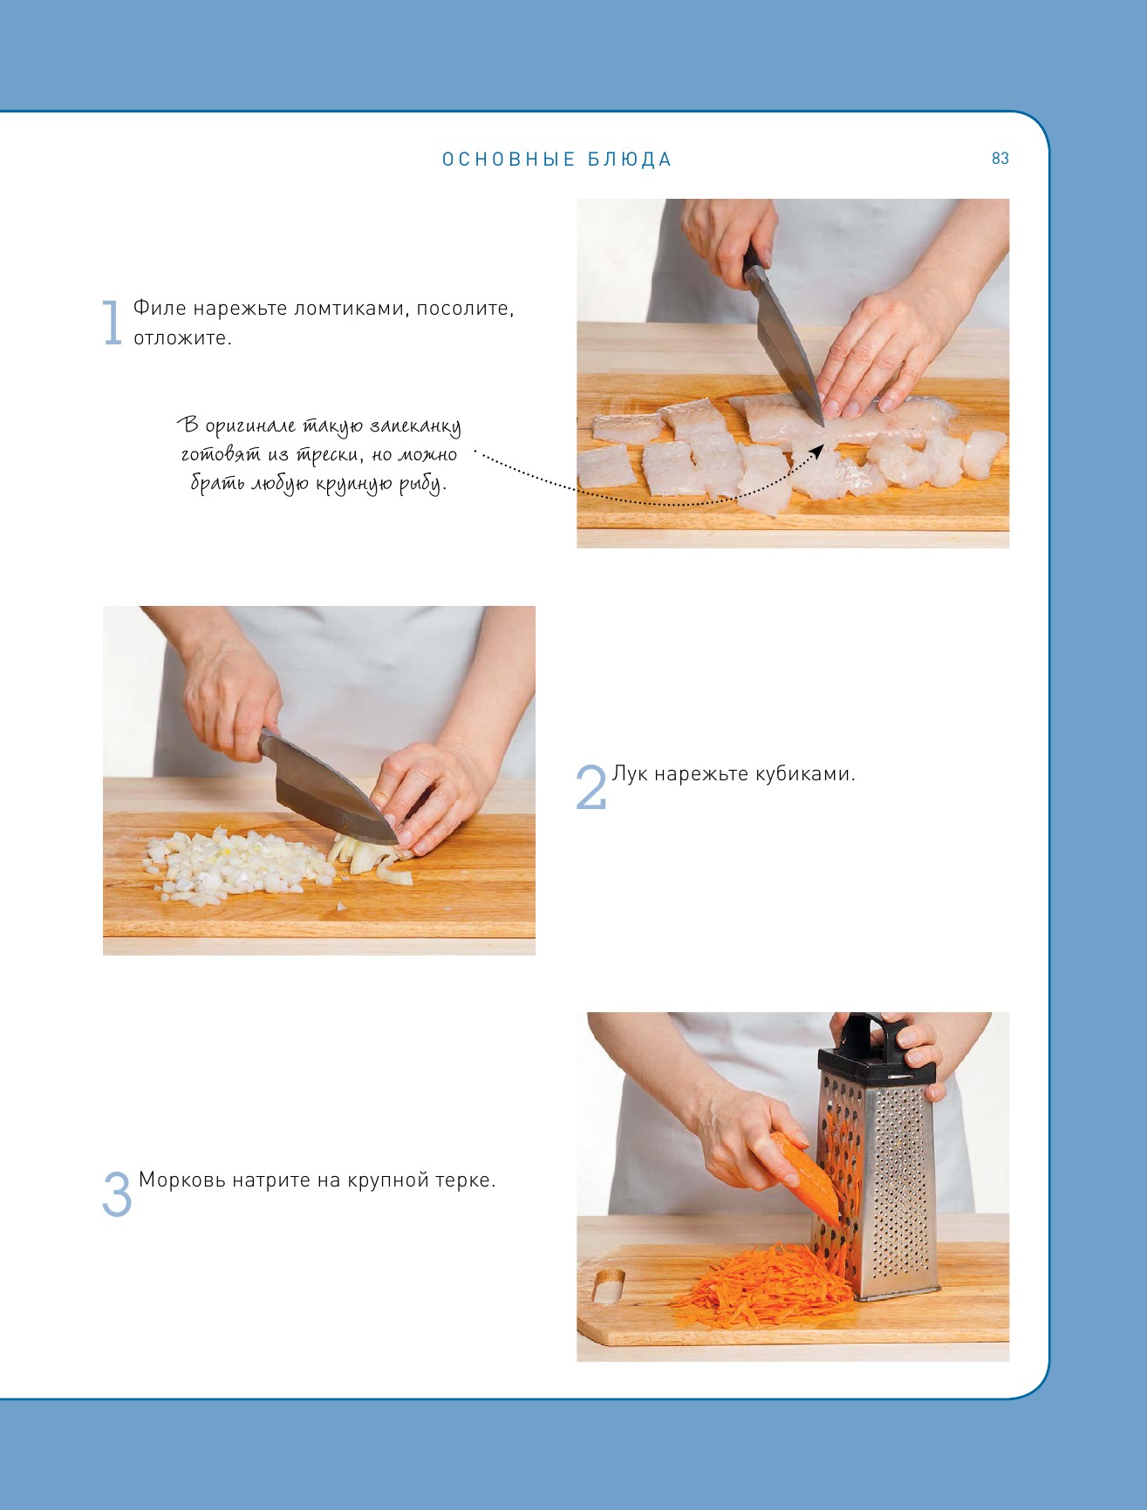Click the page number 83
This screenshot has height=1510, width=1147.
tap(1000, 159)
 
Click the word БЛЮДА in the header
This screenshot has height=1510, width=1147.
tap(629, 160)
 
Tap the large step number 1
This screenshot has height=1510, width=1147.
tap(112, 323)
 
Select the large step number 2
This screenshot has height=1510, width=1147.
tap(591, 786)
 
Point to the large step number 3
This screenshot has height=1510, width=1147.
tap(117, 1194)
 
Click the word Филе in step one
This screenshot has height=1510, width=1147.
tap(160, 309)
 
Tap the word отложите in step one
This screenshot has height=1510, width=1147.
tap(182, 338)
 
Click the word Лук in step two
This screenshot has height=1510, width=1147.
tap(630, 774)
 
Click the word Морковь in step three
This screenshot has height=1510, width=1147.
tap(181, 1180)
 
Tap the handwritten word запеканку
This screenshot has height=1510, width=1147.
tap(415, 427)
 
